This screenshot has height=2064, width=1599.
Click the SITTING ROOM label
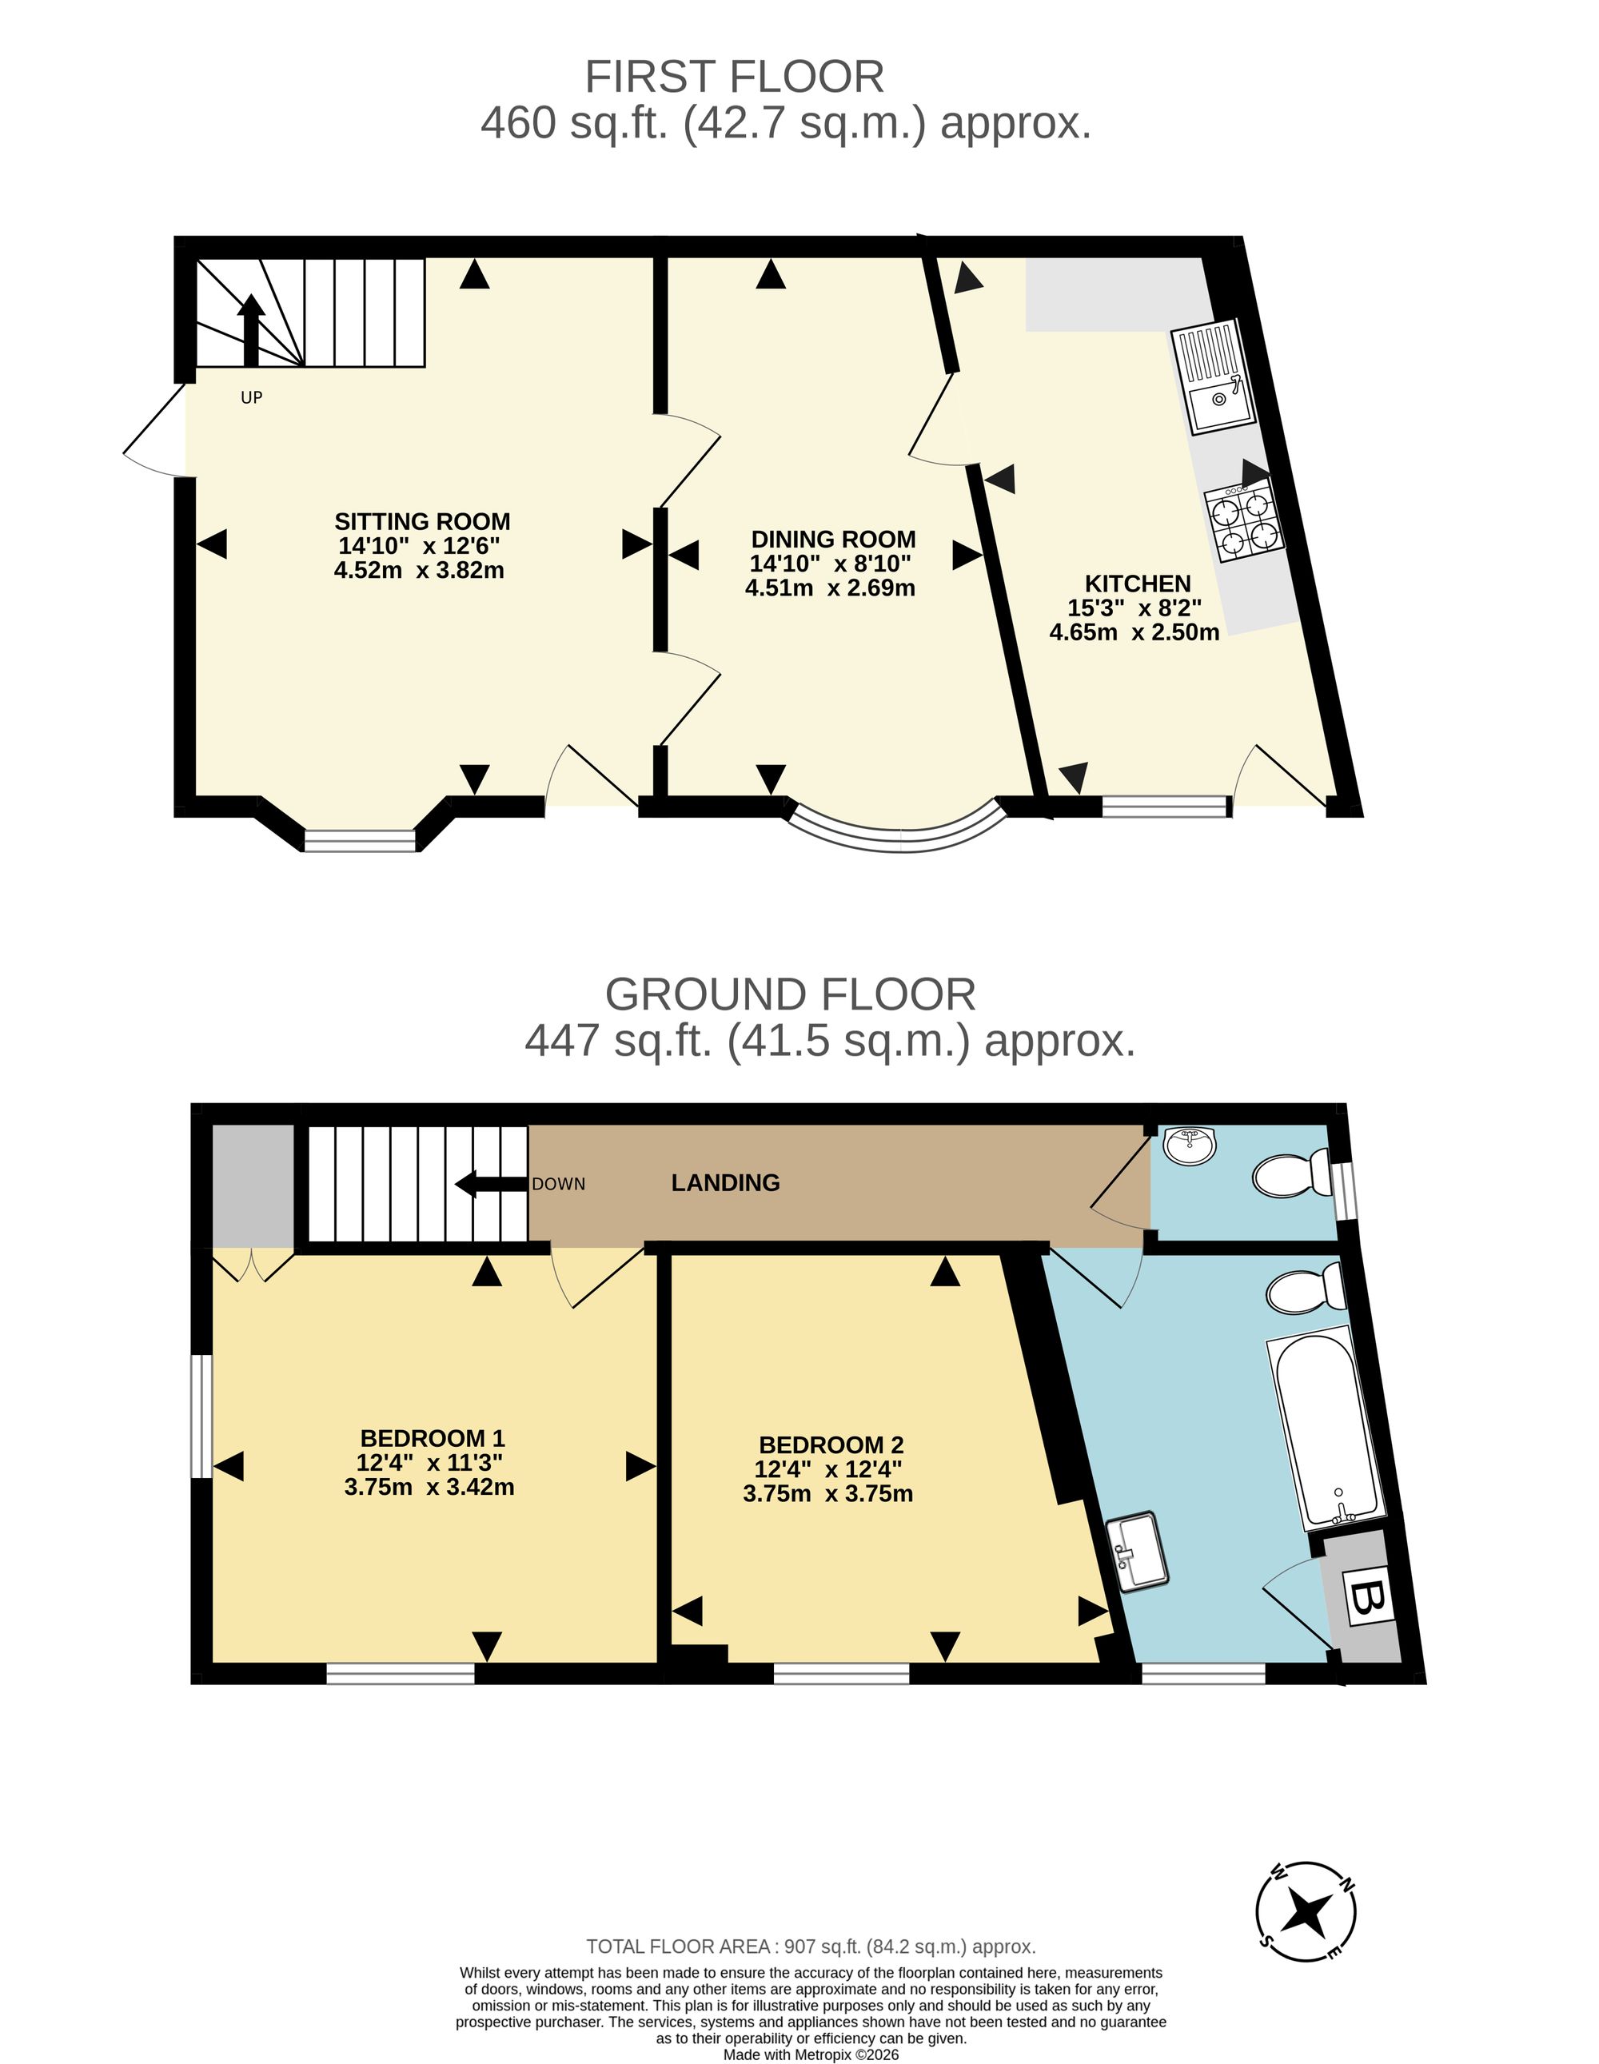pyautogui.click(x=421, y=522)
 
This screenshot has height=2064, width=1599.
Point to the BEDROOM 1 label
pyautogui.click(x=432, y=1438)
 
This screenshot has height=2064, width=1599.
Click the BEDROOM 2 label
pyautogui.click(x=831, y=1445)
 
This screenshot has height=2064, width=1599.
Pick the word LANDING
pyautogui.click(x=725, y=1182)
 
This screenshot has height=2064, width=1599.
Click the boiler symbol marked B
pyautogui.click(x=1367, y=1598)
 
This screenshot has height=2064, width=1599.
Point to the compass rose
pyautogui.click(x=1306, y=1912)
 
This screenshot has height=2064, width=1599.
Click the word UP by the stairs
pyautogui.click(x=251, y=398)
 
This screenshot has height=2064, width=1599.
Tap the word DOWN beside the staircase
pyautogui.click(x=559, y=1184)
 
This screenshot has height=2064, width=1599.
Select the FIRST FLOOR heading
pyautogui.click(x=734, y=77)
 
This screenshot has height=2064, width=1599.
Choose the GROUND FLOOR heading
pyautogui.click(x=790, y=994)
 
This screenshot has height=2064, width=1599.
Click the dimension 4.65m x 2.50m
pyautogui.click(x=1134, y=632)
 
